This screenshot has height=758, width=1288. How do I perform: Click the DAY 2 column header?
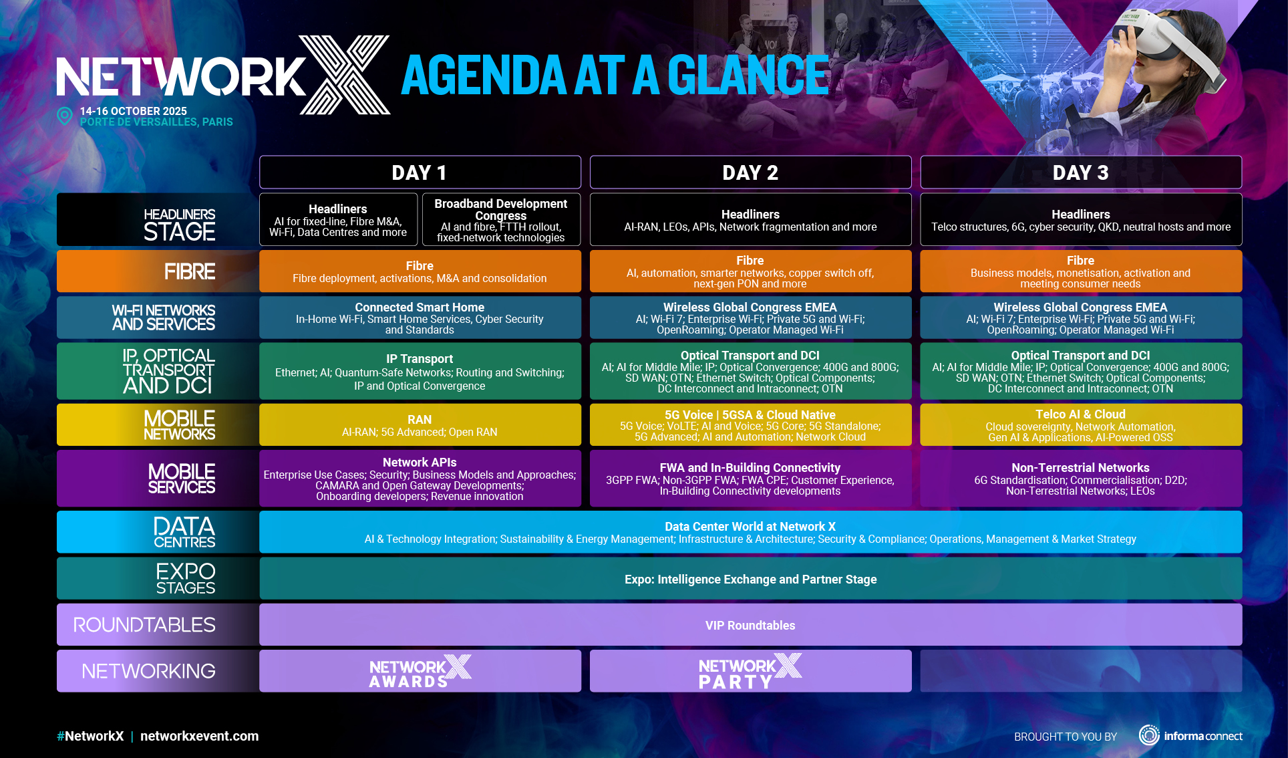click(x=750, y=172)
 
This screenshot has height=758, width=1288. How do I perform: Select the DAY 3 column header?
click(x=1081, y=172)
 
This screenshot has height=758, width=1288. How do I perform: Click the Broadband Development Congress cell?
click(x=500, y=220)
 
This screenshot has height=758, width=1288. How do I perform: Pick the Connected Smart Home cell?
click(x=420, y=318)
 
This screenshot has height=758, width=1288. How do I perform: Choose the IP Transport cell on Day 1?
click(x=420, y=371)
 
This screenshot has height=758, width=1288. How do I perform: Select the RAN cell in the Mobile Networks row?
click(x=420, y=424)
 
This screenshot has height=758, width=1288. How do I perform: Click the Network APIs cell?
click(x=420, y=478)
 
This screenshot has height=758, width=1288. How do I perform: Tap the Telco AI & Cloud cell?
click(x=1081, y=424)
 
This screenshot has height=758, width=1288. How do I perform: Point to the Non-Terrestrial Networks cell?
click(x=1081, y=478)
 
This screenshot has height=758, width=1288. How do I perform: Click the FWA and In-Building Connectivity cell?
click(x=750, y=478)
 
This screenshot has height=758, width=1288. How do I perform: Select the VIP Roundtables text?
click(x=750, y=626)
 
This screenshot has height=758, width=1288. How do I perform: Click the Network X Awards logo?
click(x=420, y=671)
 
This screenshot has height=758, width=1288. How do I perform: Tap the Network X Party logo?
click(x=750, y=671)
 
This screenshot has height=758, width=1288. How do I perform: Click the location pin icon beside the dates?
click(x=65, y=116)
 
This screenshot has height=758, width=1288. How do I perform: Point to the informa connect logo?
click(x=1190, y=735)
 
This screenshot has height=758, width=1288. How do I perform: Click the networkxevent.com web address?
click(x=199, y=736)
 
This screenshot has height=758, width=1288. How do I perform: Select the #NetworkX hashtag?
click(x=90, y=736)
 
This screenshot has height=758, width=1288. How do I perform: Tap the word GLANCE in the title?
click(x=748, y=75)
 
